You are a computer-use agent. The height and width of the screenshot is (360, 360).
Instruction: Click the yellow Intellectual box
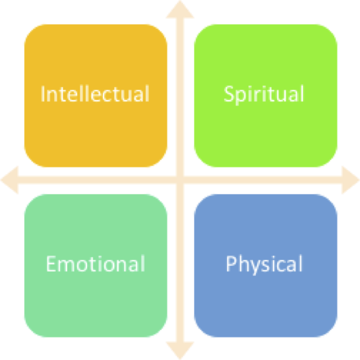point(96,95)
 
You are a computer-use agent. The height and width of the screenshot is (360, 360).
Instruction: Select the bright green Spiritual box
point(265,95)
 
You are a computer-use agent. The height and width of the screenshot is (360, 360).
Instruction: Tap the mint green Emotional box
point(96,265)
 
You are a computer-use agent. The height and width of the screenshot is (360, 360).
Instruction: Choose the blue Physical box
point(265,265)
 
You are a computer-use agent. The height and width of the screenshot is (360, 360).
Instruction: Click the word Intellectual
point(95,93)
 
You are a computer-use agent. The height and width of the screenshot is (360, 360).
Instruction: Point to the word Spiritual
point(264,95)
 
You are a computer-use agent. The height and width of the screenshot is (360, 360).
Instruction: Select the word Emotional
point(95,263)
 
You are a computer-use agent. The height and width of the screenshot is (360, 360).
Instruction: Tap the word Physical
point(264,265)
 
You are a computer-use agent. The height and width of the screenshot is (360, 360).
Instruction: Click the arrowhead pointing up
point(180,9)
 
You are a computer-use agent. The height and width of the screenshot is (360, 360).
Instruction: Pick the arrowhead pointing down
point(180,351)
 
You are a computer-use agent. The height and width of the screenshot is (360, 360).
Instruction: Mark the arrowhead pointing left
point(9,180)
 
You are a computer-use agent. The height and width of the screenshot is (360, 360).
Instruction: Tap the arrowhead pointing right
point(351,180)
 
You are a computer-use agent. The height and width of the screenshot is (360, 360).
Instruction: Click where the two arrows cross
point(180,180)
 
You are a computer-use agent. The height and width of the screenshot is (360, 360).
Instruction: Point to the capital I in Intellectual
point(43,94)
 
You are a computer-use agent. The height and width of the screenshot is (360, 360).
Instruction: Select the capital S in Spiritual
point(228,94)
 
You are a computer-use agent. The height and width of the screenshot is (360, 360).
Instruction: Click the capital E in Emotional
point(51,263)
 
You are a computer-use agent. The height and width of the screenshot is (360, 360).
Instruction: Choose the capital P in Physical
point(232,263)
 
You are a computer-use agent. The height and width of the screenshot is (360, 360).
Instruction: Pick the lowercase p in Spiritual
point(241,327)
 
